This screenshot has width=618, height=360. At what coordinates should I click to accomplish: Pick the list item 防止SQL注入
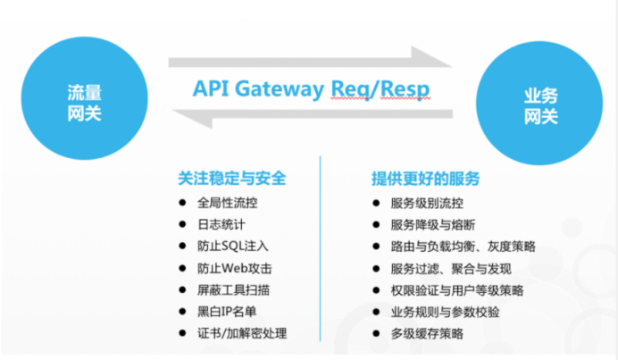(233, 246)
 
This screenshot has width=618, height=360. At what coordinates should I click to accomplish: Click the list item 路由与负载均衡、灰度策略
(463, 246)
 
